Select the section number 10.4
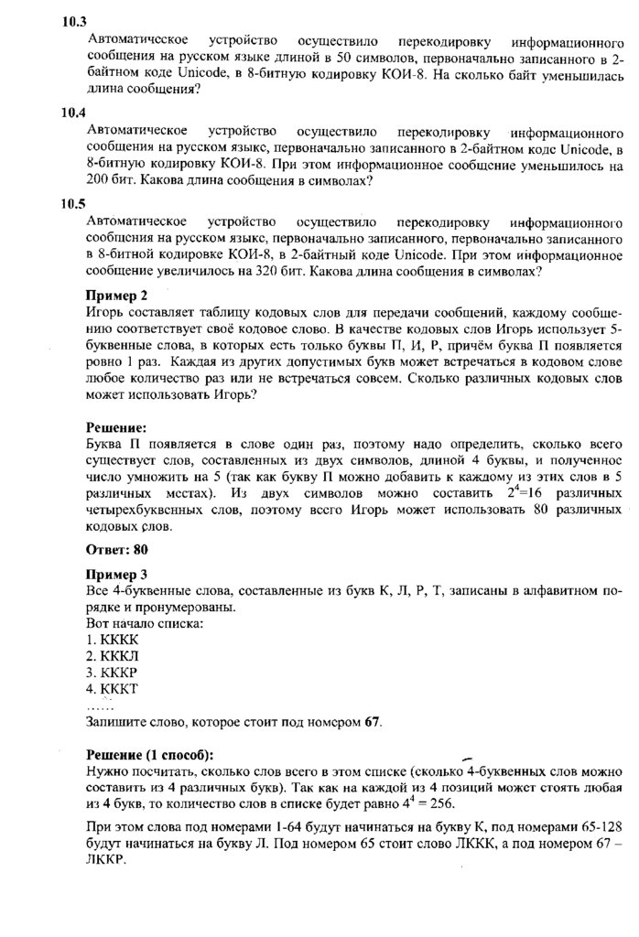point(73,113)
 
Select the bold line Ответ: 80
point(116,549)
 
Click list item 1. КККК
point(112,639)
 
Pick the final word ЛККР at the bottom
point(106,862)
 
